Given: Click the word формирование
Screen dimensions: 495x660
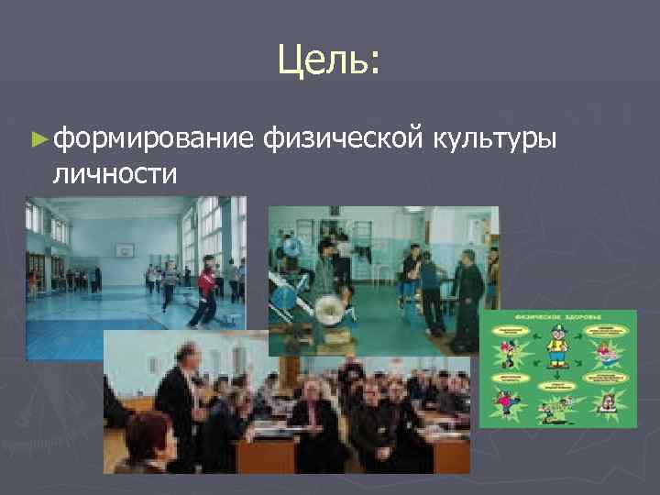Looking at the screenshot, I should point(152,139).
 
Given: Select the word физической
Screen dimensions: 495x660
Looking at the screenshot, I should point(342,139).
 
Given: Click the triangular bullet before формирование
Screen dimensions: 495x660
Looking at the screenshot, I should point(37,139).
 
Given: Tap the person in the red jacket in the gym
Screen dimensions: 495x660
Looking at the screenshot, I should point(208,284).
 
